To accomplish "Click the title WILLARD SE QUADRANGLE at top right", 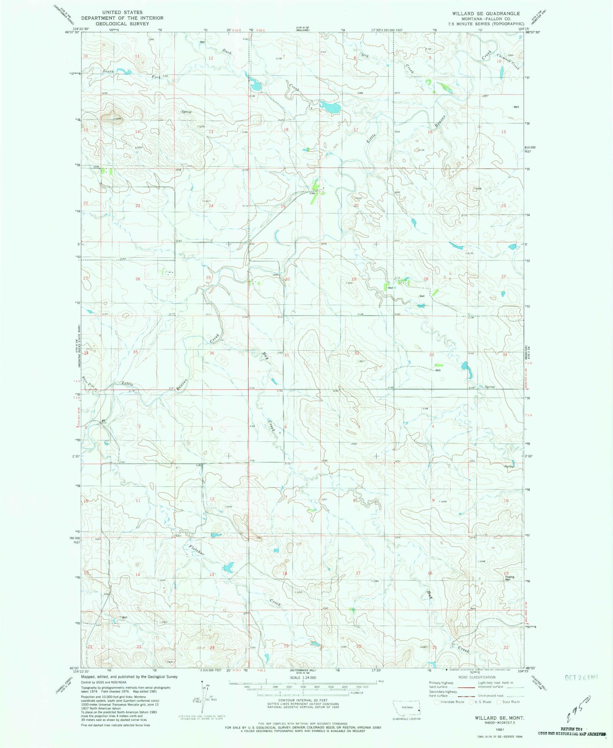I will click(486, 14).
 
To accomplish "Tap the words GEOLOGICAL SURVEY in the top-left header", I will click(122, 24).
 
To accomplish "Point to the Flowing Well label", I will click(509, 578).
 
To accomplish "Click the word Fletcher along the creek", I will click(197, 549).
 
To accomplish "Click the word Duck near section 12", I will click(227, 51).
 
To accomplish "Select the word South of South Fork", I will click(108, 71).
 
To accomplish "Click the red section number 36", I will click(212, 353).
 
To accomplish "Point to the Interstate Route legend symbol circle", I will click(437, 702).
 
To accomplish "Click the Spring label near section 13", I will click(186, 112).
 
